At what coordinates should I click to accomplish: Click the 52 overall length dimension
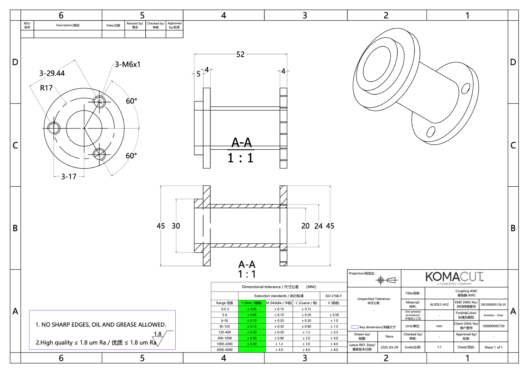click(240, 54)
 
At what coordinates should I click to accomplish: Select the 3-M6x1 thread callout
click(127, 64)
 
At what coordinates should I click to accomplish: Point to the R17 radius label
click(46, 88)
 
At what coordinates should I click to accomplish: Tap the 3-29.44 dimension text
click(52, 73)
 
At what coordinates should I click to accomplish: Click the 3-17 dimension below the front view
click(69, 176)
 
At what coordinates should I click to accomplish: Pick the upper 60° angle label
click(131, 101)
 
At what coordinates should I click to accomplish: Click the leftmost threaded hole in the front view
click(54, 128)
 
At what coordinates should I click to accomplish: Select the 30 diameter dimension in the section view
click(176, 226)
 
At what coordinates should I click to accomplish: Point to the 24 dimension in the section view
click(318, 226)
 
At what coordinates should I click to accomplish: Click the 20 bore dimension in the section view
click(305, 226)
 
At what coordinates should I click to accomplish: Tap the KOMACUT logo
click(454, 277)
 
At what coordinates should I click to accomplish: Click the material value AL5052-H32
click(439, 304)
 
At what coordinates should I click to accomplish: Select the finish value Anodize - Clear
click(493, 315)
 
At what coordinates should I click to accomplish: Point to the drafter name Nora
click(389, 336)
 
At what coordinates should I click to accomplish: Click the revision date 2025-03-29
click(389, 347)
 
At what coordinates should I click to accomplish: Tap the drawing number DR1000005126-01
click(493, 305)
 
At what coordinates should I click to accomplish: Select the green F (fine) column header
click(251, 303)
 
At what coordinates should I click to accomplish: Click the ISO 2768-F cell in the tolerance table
click(333, 296)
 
